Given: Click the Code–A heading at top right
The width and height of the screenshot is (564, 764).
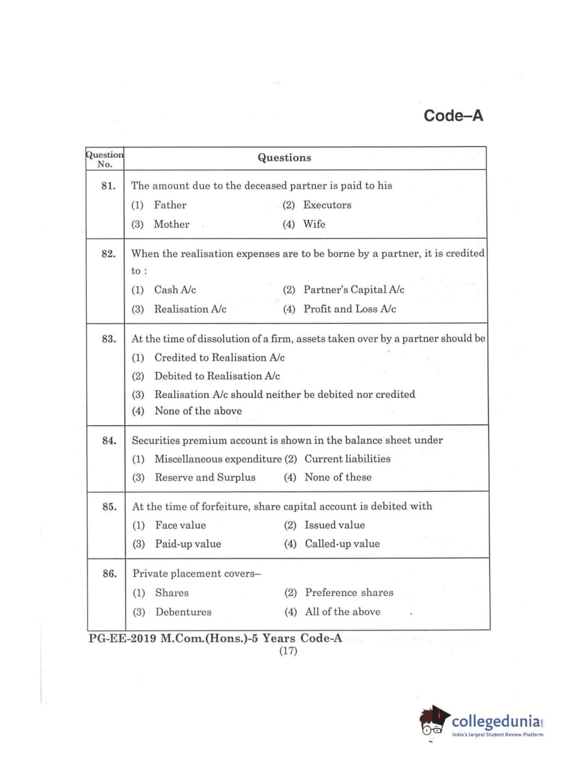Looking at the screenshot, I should (453, 116).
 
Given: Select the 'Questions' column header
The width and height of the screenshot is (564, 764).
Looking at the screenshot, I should (284, 158).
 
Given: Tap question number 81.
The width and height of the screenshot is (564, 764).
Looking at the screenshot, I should (108, 186).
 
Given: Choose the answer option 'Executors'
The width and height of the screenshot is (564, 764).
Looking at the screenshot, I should (327, 205).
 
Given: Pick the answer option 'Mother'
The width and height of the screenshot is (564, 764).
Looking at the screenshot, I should (171, 224).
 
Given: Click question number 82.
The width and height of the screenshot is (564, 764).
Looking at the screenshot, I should (108, 254).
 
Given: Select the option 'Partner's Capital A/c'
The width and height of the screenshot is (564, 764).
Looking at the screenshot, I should (353, 290).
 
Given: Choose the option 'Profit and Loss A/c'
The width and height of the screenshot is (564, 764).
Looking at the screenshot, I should (349, 309).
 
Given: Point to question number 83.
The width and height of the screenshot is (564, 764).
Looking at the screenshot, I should (108, 339).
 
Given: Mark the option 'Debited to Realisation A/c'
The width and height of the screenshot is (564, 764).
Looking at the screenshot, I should (217, 376).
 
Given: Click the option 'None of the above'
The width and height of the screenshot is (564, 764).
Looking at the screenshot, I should (198, 411).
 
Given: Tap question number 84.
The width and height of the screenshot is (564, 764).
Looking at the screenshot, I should (109, 441).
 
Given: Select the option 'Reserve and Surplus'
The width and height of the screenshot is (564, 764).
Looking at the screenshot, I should (205, 477).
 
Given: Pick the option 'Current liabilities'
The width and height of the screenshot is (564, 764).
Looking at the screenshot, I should (347, 459).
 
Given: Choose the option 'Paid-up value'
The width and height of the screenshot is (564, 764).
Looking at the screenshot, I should (188, 544).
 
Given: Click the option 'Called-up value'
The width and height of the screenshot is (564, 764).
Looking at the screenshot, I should (342, 544).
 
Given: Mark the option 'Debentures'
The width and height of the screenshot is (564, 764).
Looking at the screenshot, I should (183, 612).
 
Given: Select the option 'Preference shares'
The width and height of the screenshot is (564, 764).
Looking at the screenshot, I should (349, 593).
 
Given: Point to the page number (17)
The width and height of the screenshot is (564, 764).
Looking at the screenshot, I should (288, 651).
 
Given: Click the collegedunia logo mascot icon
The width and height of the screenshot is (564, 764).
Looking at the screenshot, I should (434, 721).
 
